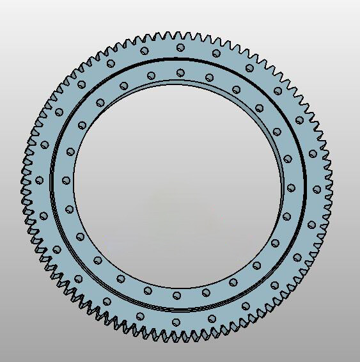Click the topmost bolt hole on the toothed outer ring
pos(180,47)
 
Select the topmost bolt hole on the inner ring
pos(180,72)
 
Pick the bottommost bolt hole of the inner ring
pos(176,295)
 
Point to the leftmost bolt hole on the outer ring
pos(39,180)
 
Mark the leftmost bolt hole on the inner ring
pos(65,181)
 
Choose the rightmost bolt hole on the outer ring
pos(317,189)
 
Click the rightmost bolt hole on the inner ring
pos(292,187)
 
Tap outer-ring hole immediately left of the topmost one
pos(145,51)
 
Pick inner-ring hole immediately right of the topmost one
pos(210,77)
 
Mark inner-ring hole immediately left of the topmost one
pos(152,76)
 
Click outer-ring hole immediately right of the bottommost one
pos(212,318)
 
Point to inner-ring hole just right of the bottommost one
pos(206,292)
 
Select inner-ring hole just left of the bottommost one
pos(148,290)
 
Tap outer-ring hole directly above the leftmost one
pos(45,145)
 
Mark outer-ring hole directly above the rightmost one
pos(312,153)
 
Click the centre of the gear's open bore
pos(178,184)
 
